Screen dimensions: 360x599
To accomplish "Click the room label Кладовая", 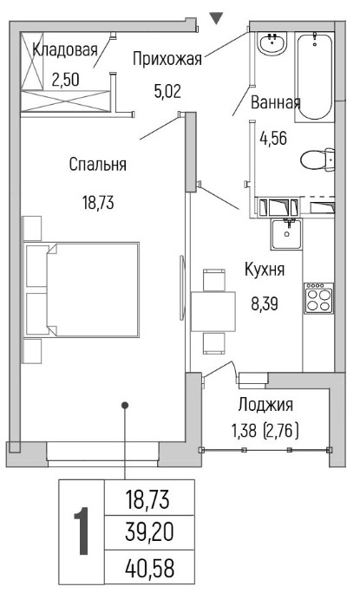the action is pos(65,50).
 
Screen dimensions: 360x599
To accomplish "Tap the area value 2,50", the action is pos(65,80).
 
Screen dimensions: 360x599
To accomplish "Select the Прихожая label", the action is pos(167,60).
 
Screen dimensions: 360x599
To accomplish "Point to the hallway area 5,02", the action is pos(167,91).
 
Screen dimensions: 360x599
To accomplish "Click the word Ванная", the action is pos(276,103).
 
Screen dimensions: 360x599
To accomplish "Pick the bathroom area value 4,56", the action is pos(273,138).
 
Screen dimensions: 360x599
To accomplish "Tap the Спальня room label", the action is pos(98,165).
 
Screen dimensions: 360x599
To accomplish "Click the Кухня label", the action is pos(265,270).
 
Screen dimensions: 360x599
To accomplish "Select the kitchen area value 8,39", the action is pos(265,304).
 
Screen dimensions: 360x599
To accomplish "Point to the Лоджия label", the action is pos(265,405).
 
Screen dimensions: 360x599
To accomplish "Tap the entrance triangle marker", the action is pos(216,19).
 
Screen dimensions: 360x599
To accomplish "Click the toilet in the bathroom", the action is pos(317,160).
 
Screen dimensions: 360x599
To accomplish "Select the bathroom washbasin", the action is pos(272,43).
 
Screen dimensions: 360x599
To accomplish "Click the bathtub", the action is pos(315,77).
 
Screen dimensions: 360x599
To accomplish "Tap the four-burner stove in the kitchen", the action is pos(318,298).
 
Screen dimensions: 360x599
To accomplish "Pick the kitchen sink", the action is pos(286,234).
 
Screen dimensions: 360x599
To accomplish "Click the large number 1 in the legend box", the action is pos(82,531).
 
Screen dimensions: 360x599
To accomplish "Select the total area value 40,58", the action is pos(149,568).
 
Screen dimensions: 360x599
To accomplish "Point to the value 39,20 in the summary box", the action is pos(149,532).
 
